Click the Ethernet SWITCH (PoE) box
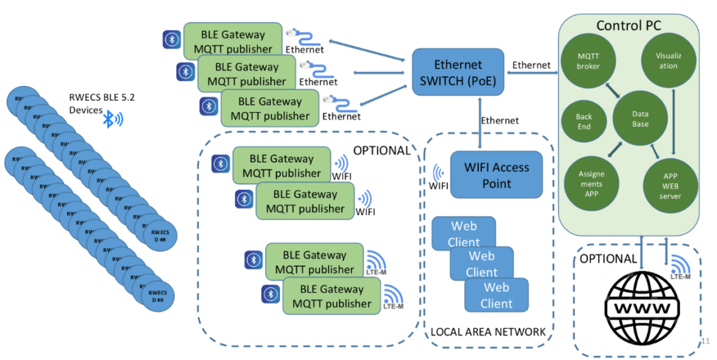click(x=458, y=72)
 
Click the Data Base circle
click(x=640, y=118)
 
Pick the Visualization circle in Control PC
click(x=669, y=60)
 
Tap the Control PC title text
click(x=628, y=26)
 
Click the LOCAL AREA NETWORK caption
click(x=488, y=331)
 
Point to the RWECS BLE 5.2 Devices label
click(x=94, y=104)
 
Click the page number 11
click(x=705, y=341)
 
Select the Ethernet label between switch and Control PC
click(x=531, y=65)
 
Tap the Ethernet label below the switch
click(x=499, y=120)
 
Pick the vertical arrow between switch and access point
click(x=479, y=122)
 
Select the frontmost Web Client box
click(x=496, y=295)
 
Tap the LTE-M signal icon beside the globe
click(x=679, y=267)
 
